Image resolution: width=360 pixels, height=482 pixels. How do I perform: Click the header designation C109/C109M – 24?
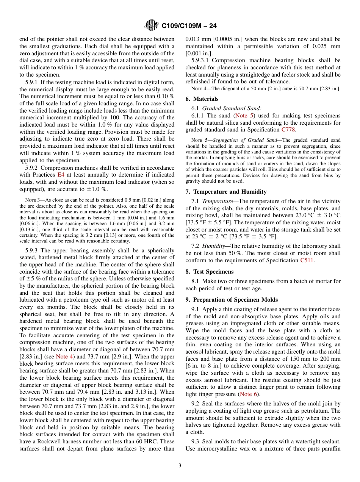[189, 26]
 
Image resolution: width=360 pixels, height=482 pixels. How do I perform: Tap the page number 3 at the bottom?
[180, 466]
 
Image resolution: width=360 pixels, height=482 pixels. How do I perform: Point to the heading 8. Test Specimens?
[209, 272]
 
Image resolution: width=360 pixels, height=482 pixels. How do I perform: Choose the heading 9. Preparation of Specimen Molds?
[232, 300]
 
